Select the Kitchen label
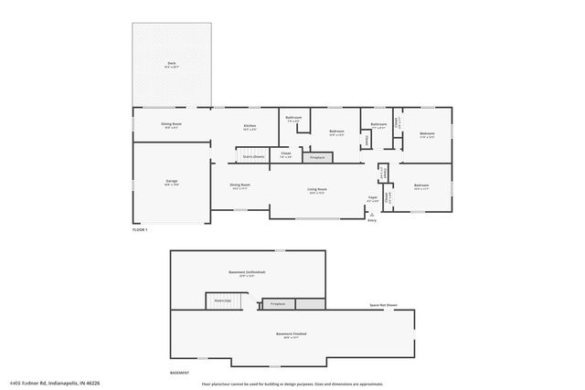[250, 126]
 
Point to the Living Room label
[317, 190]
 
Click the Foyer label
[373, 197]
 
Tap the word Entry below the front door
[372, 220]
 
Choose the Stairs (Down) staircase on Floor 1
[253, 156]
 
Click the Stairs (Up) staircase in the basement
[222, 300]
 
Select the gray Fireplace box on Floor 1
[317, 158]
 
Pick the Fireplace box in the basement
[276, 303]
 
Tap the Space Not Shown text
[383, 304]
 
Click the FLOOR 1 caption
[140, 229]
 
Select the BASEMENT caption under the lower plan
[180, 374]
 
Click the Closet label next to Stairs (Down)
[285, 154]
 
